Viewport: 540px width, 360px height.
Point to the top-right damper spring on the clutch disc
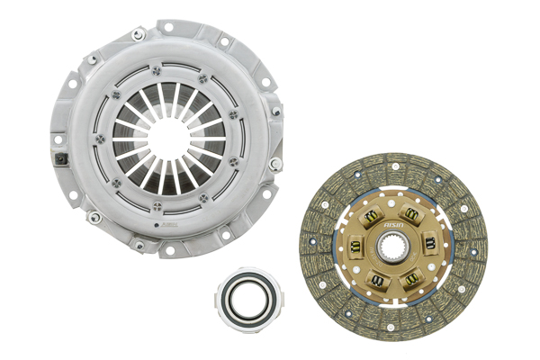(x=412, y=213)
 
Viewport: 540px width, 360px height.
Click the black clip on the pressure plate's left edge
(x=60, y=161)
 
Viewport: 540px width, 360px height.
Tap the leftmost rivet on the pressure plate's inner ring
(x=99, y=139)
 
